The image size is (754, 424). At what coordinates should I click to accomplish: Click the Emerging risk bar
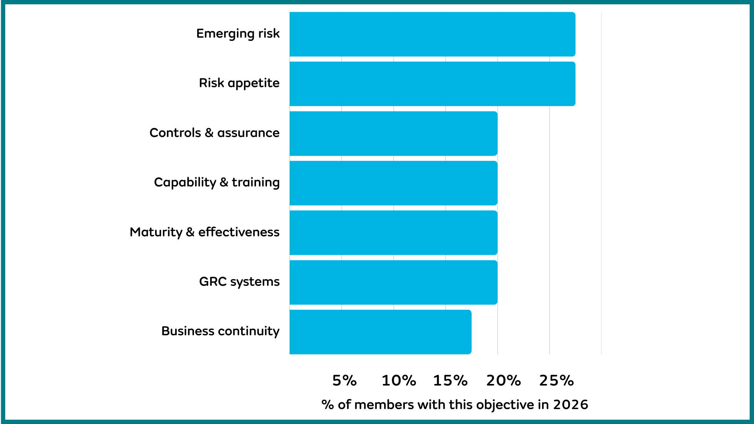(x=432, y=34)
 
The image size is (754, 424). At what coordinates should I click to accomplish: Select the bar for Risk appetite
(x=432, y=84)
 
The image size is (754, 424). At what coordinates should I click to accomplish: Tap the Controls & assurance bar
(x=393, y=133)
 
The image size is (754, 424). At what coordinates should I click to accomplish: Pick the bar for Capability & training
(x=393, y=183)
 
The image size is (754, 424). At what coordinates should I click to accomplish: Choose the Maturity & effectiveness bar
(x=393, y=233)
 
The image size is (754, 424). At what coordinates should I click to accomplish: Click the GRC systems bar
(x=393, y=282)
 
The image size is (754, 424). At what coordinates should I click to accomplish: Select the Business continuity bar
(x=380, y=332)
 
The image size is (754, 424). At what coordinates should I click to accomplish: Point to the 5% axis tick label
(x=344, y=380)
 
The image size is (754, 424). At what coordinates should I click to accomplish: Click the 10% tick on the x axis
(x=399, y=380)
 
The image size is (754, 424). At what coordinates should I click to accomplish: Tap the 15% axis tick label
(x=450, y=380)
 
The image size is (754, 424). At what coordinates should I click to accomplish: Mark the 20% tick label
(x=503, y=380)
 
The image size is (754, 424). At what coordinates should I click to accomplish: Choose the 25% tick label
(x=556, y=380)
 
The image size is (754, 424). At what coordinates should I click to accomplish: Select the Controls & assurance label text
(x=214, y=133)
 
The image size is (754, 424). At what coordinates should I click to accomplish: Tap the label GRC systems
(x=239, y=282)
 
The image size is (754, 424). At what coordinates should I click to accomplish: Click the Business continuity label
(x=220, y=331)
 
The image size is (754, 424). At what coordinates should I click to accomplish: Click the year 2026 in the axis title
(x=571, y=405)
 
